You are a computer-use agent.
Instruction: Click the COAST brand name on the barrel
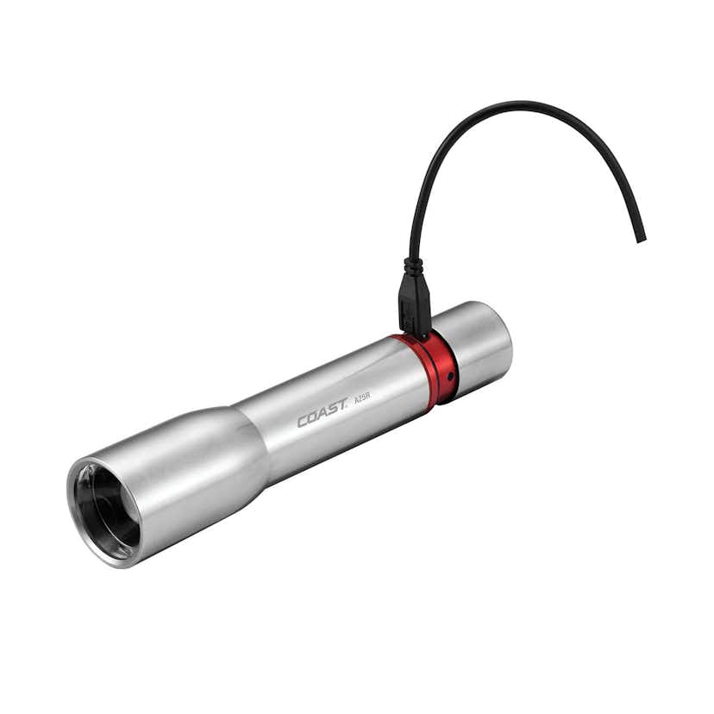pos(323,416)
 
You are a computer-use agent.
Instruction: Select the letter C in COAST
pos(304,422)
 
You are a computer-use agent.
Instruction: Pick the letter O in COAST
pos(313,419)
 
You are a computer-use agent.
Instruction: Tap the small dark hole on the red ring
pos(448,377)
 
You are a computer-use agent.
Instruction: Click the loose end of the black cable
pos(641,237)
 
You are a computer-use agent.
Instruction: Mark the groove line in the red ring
pos(432,373)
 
